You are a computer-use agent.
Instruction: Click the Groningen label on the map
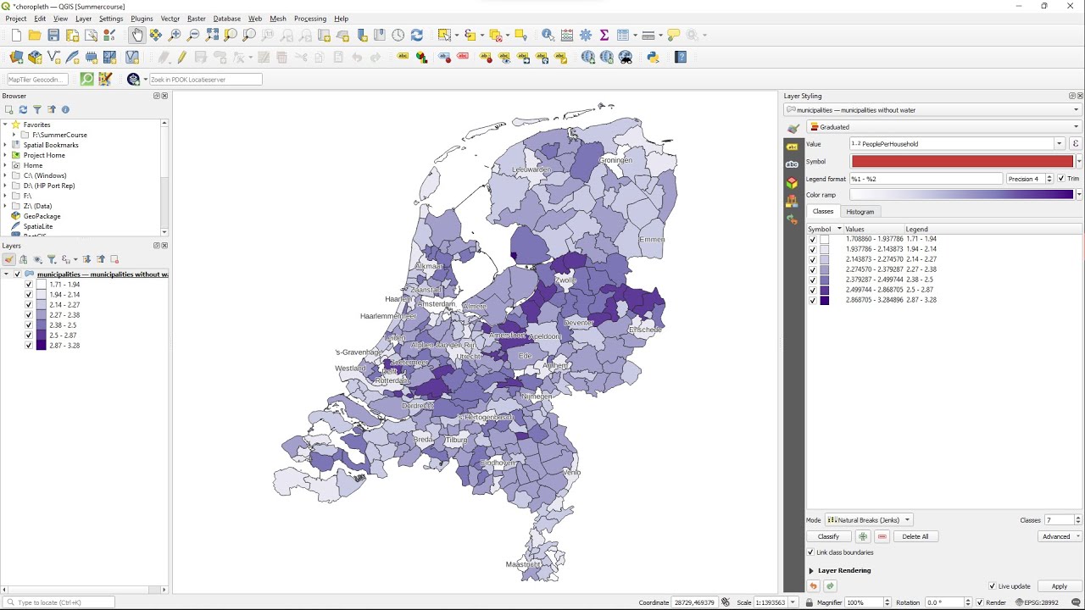(615, 160)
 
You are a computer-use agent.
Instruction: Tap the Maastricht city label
(523, 564)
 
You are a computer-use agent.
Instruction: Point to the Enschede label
(645, 330)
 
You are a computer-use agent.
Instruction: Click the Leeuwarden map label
(531, 169)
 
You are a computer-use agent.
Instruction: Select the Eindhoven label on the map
(498, 463)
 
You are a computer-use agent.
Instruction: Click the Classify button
(828, 536)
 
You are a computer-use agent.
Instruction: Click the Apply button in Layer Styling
(1059, 586)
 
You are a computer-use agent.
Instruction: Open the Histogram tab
(860, 212)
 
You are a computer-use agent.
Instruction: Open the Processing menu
(309, 19)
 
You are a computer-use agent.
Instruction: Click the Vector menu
(170, 19)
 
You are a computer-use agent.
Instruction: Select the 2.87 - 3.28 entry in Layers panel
(64, 346)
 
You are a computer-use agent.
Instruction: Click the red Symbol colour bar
(961, 161)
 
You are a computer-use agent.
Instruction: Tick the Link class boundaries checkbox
(811, 552)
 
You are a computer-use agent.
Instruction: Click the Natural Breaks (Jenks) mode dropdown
(869, 520)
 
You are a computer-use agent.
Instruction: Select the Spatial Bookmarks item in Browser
(51, 145)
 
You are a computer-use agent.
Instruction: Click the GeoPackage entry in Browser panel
(42, 216)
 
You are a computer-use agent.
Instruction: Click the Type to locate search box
(64, 602)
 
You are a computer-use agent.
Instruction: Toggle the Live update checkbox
(993, 586)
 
